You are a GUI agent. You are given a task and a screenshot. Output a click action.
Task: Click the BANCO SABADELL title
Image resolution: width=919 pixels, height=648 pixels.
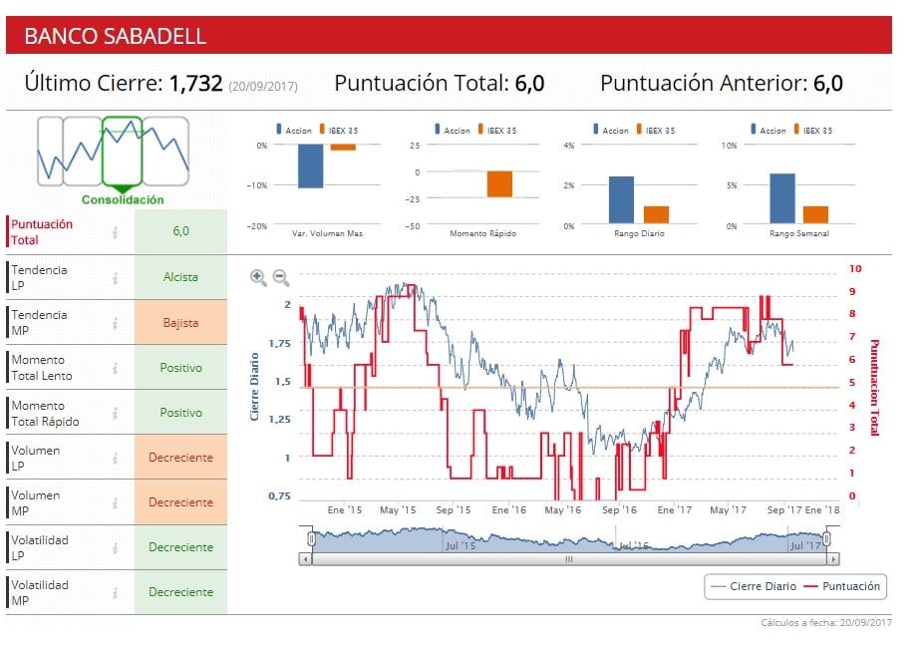(x=116, y=36)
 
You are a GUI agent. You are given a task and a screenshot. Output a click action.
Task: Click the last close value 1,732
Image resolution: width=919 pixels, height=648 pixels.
(x=195, y=84)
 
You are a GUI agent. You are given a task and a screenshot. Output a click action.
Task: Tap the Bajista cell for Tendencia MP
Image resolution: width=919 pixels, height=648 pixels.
(x=180, y=323)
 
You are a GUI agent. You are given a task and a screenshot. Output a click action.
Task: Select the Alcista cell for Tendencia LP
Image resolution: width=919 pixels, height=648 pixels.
(x=180, y=278)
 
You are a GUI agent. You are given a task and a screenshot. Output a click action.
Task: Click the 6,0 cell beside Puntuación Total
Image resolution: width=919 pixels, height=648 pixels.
(x=180, y=231)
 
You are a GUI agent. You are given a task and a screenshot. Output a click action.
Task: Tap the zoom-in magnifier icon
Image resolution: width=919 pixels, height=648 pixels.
(x=258, y=278)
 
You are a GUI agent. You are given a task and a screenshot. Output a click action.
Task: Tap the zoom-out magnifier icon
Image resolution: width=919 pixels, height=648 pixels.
(x=281, y=278)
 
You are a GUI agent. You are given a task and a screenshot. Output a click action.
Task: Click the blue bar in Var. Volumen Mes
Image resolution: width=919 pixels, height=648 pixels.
(x=310, y=165)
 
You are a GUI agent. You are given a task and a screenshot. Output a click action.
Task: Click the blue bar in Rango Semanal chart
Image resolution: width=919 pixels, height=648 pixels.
(x=782, y=198)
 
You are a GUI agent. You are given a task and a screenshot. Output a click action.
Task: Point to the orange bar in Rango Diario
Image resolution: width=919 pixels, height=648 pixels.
(x=656, y=214)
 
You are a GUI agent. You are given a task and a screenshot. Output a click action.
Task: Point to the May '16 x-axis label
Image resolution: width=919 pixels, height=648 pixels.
(x=562, y=510)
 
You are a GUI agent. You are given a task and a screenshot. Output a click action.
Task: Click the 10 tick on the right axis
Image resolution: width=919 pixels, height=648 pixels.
(x=854, y=269)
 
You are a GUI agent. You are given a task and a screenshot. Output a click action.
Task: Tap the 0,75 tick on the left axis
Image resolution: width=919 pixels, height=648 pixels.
(x=280, y=496)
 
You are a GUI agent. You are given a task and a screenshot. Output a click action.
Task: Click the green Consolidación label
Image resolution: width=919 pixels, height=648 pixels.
(x=123, y=200)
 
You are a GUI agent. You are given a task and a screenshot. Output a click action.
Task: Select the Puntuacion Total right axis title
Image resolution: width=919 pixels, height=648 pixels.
(x=874, y=387)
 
